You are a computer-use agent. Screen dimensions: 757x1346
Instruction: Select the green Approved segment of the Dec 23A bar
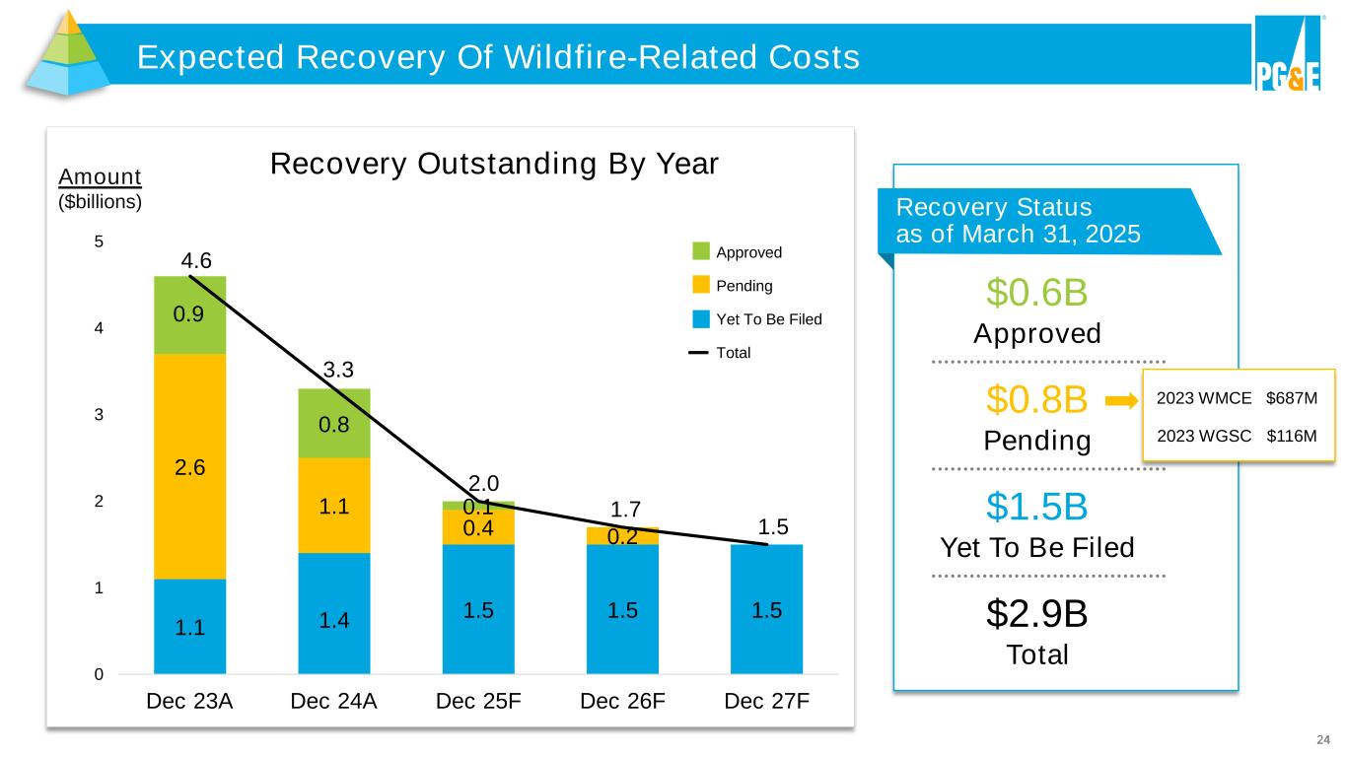point(190,314)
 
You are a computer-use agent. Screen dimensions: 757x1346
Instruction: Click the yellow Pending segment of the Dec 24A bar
point(334,505)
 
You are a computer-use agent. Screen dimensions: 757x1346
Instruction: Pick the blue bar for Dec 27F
point(766,608)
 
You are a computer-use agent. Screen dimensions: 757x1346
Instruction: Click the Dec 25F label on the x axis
point(478,702)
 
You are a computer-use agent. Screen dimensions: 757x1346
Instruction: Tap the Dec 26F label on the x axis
point(623,702)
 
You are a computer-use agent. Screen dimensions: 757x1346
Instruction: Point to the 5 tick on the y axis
point(98,242)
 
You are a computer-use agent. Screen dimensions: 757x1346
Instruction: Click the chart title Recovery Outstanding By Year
point(495,164)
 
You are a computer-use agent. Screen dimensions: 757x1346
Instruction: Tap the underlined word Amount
point(101,176)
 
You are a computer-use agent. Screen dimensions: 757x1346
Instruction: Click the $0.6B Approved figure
point(1036,293)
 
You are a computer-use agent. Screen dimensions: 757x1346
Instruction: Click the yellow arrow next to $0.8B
point(1121,401)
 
